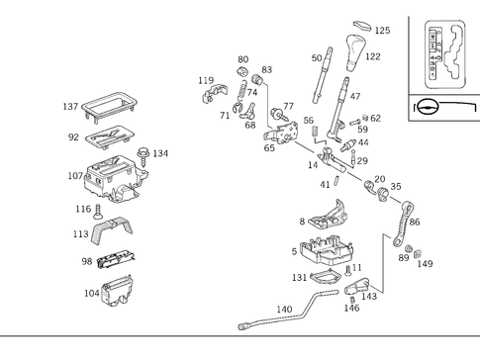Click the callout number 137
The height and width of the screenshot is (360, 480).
tap(70, 106)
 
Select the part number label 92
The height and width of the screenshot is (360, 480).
tap(73, 138)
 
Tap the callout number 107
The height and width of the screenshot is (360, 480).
tap(75, 177)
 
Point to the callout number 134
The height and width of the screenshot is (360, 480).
tap(160, 153)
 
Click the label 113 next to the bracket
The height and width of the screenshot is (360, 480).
tap(81, 234)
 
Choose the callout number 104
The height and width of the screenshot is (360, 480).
tap(92, 294)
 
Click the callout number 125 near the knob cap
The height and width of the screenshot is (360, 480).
tap(382, 31)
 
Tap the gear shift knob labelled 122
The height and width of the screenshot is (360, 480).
tap(353, 45)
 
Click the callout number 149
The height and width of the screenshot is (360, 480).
tap(425, 264)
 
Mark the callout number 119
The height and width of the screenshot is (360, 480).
tap(205, 80)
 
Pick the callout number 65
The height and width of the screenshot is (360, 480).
tap(269, 148)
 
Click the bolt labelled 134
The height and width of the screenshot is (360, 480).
tap(144, 152)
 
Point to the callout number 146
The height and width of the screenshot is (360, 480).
tap(351, 309)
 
